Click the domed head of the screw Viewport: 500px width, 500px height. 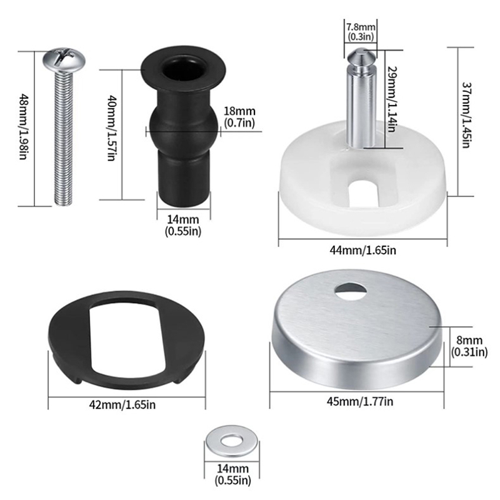point(64,60)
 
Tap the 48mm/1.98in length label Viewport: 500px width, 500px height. point(23,126)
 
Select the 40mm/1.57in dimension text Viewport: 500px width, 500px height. point(111,127)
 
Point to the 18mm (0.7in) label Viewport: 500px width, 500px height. point(239,117)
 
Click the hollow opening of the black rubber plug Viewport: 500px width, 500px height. point(183,69)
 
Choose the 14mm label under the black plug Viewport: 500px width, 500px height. point(183,225)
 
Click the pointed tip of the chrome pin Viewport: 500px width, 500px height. point(361,49)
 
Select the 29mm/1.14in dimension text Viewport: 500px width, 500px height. point(392,99)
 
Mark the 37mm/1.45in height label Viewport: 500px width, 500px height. point(466,115)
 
